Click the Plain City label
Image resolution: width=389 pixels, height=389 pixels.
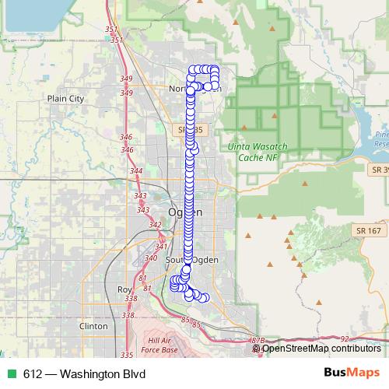[65, 99]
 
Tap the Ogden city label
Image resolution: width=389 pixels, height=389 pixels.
[180, 212]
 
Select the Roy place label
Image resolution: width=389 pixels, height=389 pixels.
[124, 289]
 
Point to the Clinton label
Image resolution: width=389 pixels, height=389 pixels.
[93, 327]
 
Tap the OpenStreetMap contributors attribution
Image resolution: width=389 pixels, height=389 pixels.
[321, 348]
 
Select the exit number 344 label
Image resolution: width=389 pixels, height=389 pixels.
[136, 171]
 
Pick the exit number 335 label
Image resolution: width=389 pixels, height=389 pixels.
[127, 334]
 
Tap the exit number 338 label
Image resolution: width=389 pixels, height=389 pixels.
[129, 298]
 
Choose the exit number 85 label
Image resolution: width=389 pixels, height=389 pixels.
[184, 319]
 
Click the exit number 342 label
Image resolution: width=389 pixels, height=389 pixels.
[155, 225]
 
